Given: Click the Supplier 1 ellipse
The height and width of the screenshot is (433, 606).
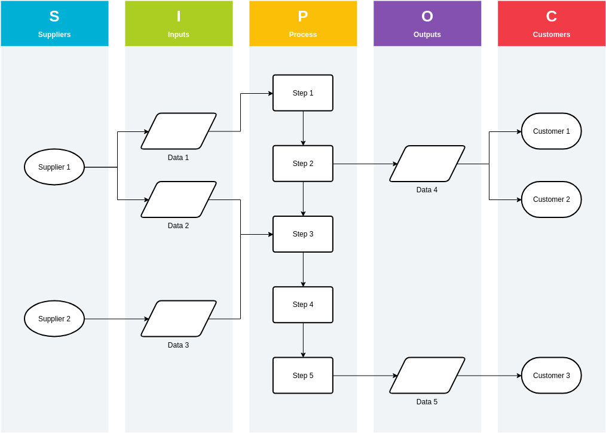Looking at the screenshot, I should tap(54, 167).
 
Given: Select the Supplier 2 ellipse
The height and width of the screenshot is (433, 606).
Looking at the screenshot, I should tap(54, 319).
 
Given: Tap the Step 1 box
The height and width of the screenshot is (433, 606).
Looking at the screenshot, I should tap(303, 93).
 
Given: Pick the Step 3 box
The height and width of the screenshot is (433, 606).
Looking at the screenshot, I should tap(303, 234).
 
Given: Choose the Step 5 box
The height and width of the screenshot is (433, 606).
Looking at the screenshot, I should tap(303, 376).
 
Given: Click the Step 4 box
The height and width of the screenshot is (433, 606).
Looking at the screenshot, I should tap(303, 305).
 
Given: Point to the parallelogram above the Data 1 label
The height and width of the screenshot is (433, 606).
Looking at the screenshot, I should tap(179, 131).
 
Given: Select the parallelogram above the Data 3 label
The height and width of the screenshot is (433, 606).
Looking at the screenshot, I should tap(179, 319).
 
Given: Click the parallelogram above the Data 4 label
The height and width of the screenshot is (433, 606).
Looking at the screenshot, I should tap(427, 164).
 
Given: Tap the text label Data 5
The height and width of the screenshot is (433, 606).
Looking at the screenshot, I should tap(427, 402).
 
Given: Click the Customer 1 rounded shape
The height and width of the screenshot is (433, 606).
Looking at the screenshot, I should tap(552, 131).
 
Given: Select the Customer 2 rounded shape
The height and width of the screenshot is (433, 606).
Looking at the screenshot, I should tap(552, 199).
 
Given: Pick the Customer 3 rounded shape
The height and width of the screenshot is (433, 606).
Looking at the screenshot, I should tap(552, 376).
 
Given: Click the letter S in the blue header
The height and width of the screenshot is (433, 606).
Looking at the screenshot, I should tap(54, 17).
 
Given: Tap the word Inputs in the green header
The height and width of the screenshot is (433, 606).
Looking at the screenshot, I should tap(179, 35).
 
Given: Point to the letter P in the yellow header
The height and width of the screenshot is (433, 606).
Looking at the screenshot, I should tap(303, 17).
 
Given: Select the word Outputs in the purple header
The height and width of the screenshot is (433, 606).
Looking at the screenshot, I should tap(427, 35).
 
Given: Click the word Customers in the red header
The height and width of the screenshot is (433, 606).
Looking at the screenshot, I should tap(552, 35).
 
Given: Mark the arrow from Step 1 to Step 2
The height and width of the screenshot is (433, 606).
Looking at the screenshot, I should tap(303, 128).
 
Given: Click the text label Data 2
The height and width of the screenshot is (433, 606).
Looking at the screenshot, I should tap(178, 226).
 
